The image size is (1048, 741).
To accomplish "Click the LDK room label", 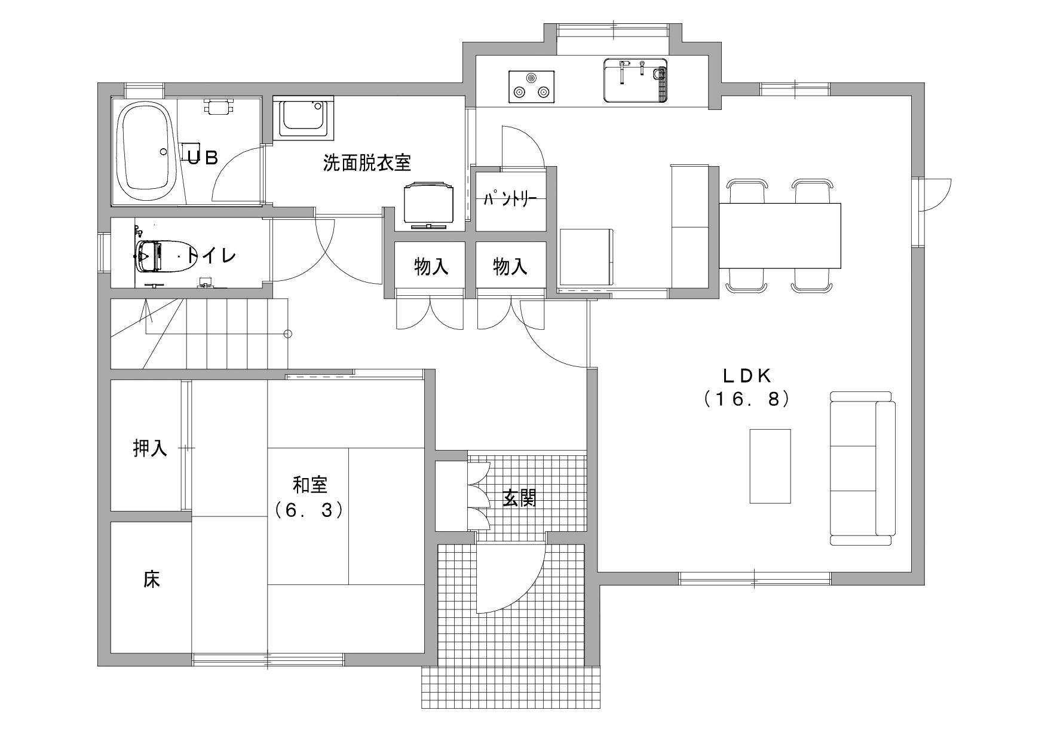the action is [x=747, y=375].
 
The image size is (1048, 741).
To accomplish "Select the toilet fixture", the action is [x=157, y=256].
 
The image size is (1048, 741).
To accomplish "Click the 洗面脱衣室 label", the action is [x=367, y=162].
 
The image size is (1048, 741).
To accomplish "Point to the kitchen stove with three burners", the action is [x=531, y=87].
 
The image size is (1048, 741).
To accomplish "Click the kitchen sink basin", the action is [x=635, y=80].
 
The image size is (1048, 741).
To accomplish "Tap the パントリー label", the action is [x=511, y=199].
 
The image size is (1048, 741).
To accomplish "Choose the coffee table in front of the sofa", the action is [x=770, y=466].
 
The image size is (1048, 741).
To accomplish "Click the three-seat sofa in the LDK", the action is [x=862, y=469].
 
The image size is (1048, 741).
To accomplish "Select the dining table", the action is [x=780, y=236].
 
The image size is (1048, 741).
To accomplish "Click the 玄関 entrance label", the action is [x=519, y=498].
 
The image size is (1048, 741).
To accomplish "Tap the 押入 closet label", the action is [x=150, y=448].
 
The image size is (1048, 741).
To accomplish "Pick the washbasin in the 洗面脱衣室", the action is [x=304, y=118].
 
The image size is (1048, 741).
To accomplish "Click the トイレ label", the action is [x=212, y=256].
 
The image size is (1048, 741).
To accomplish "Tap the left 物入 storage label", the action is [x=431, y=267].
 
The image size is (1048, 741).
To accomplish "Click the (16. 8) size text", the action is [x=747, y=399].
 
